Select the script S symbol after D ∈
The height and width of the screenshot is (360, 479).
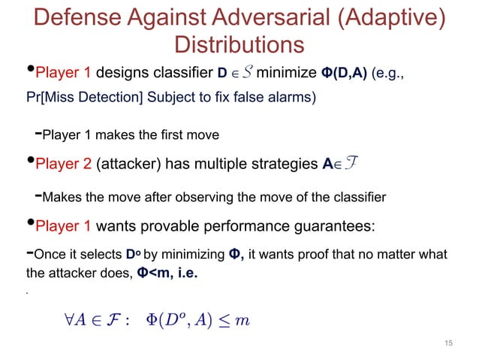247,73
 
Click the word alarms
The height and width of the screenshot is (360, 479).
291,97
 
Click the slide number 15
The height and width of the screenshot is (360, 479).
449,343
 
